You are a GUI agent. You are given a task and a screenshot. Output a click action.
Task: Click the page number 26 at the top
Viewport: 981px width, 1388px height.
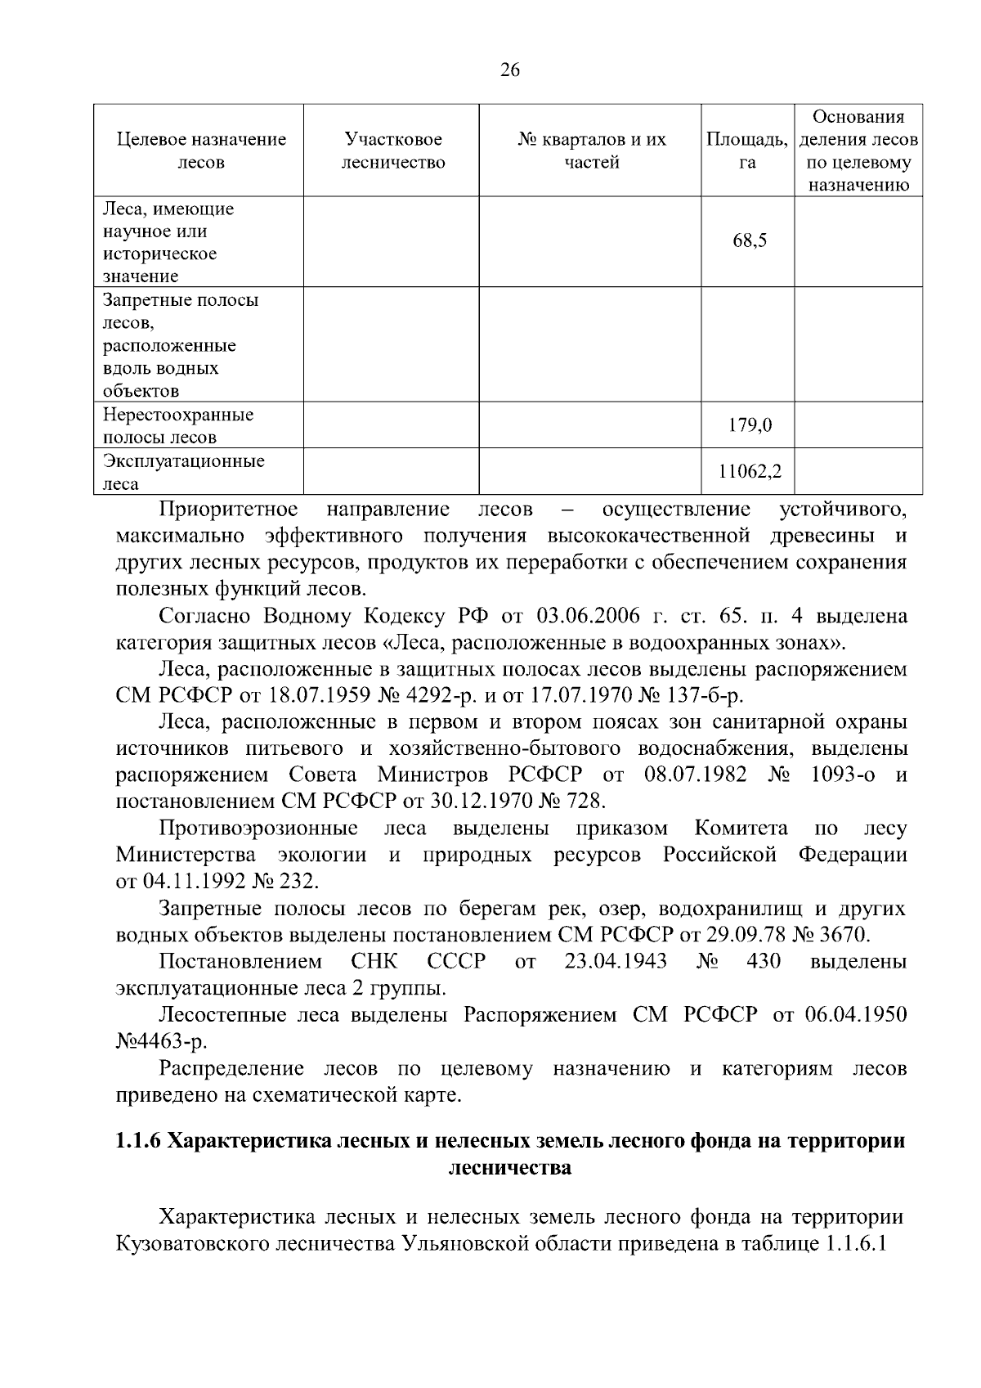(508, 70)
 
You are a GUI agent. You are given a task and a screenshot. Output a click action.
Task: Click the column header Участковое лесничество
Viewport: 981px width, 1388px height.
(393, 150)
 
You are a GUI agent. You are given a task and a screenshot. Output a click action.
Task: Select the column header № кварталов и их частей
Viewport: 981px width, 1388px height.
(592, 150)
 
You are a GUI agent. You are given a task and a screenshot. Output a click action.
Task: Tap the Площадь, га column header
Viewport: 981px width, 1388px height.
(746, 150)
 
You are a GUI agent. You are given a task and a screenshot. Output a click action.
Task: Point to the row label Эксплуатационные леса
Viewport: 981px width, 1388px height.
(183, 472)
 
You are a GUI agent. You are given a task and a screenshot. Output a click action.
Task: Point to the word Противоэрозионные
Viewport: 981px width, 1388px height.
(258, 829)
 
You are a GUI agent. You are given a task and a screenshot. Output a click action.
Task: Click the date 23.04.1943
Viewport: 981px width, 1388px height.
(615, 961)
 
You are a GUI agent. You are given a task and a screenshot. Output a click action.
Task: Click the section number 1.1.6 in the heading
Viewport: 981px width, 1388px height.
(138, 1141)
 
